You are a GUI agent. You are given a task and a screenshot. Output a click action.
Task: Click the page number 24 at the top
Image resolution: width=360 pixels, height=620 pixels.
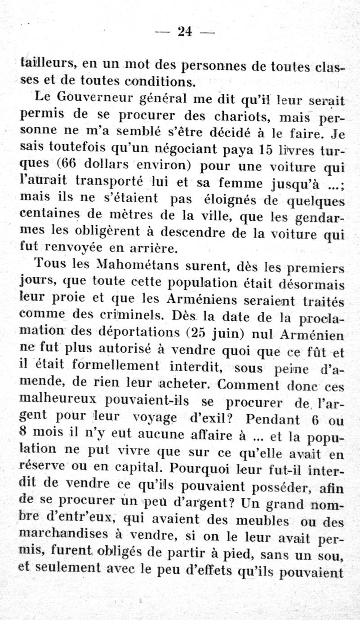pos(185,31)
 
